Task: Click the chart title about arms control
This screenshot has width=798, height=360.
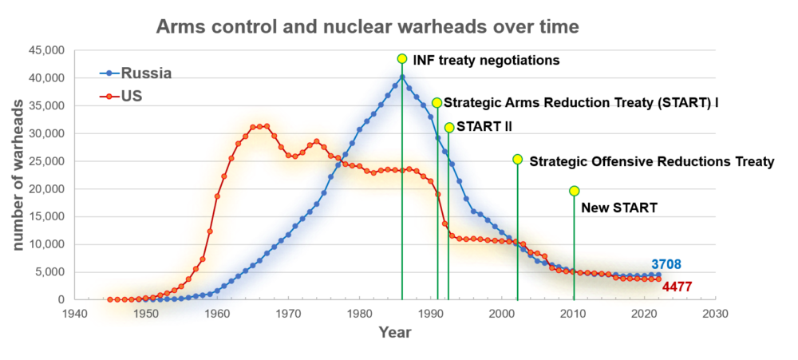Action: pos(366,26)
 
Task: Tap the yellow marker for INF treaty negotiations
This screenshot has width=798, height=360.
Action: pos(402,58)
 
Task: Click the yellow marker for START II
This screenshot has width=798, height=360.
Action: pos(449,128)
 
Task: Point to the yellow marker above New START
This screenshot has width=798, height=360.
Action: pos(574,191)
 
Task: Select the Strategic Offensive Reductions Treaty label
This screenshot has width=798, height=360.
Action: pos(652,161)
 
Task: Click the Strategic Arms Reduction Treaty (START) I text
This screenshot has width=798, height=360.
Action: pos(581,103)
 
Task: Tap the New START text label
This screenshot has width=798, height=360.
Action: pos(618,208)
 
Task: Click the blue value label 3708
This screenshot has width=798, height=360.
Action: pos(666,264)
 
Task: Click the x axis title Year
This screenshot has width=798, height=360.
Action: pos(395,332)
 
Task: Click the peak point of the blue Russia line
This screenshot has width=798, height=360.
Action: pos(402,77)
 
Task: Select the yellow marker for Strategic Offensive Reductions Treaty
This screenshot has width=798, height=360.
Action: pos(517,160)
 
